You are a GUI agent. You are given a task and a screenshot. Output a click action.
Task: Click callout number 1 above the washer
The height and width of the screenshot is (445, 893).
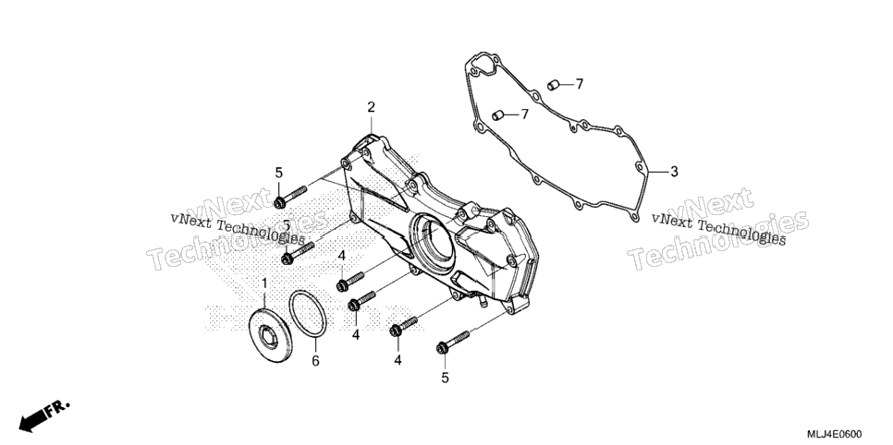(x=264, y=283)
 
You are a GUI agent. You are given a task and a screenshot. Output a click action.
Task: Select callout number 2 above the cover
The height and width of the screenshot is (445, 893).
(x=372, y=107)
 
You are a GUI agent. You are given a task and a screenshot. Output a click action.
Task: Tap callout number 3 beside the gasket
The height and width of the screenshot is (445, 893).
(x=674, y=172)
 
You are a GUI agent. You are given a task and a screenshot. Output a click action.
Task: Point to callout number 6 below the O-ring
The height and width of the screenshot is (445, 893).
(x=315, y=361)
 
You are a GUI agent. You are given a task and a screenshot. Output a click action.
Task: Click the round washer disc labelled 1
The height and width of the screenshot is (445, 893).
(x=271, y=334)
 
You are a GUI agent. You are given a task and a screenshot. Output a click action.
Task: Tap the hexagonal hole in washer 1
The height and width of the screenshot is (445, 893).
(x=268, y=336)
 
